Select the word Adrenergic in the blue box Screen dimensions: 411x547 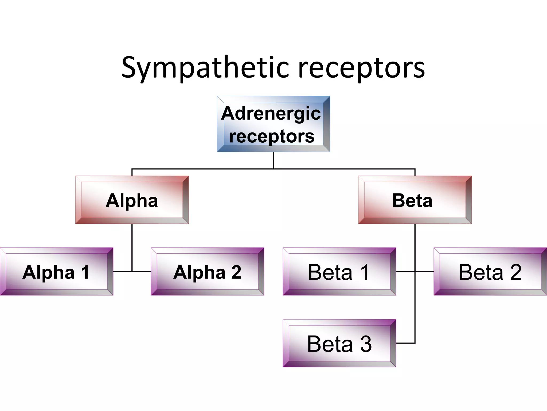(271, 113)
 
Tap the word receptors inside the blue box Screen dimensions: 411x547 (272, 136)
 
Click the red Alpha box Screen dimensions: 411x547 (132, 200)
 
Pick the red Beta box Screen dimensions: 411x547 (415, 200)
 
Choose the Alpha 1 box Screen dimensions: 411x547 (56, 272)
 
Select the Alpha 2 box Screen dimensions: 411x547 (207, 272)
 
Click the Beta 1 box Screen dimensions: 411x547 (339, 272)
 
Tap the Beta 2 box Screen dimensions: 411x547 (490, 272)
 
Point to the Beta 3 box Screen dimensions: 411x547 (339, 343)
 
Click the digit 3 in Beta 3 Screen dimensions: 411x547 (366, 344)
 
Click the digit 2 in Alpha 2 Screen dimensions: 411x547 (236, 272)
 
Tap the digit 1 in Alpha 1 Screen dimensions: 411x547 (85, 272)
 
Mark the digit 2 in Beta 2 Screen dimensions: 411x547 (516, 272)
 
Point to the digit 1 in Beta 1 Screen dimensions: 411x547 (365, 272)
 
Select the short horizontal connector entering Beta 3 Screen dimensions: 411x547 (405, 343)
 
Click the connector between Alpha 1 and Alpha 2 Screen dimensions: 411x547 (132, 271)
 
